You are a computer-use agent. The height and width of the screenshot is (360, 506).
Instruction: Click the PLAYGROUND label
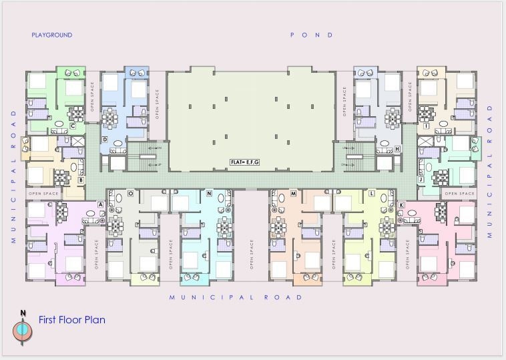(x=51, y=35)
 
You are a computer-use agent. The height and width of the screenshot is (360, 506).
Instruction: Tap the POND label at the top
(x=311, y=35)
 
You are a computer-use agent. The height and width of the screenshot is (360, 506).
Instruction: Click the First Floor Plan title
(x=71, y=319)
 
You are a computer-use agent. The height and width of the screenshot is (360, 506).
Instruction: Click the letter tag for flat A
(x=100, y=204)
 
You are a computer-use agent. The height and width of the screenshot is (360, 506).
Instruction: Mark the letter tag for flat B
(x=81, y=180)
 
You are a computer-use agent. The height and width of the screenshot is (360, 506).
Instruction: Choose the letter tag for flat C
(x=72, y=126)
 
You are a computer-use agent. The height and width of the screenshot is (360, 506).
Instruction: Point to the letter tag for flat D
(x=105, y=139)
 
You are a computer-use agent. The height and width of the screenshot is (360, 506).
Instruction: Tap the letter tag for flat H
(x=397, y=148)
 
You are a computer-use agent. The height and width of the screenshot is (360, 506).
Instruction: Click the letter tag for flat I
(x=425, y=126)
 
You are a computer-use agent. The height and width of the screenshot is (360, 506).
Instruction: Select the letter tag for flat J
(x=421, y=180)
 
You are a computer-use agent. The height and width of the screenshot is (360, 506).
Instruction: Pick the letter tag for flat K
(x=401, y=204)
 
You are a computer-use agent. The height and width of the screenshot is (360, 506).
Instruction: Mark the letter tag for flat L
(x=371, y=193)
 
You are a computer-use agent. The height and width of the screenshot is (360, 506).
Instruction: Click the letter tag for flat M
(x=293, y=193)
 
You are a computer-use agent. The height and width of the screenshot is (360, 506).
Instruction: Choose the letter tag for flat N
(x=209, y=193)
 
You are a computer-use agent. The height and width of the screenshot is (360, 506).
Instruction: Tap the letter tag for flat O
(x=130, y=193)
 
